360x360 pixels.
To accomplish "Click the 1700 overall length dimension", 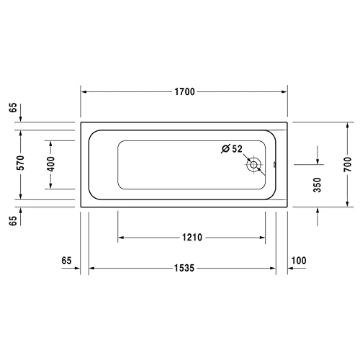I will (184, 92).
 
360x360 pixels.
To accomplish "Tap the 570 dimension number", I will (21, 163).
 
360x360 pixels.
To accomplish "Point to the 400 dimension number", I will (50, 163).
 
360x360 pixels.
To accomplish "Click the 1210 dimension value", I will (192, 237).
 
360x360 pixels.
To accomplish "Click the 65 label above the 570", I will (13, 108).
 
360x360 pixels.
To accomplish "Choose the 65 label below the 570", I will (13, 220).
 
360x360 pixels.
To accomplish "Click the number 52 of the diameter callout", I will (238, 148).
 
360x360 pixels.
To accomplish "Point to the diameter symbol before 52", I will (225, 148).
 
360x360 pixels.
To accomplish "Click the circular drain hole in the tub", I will (254, 165).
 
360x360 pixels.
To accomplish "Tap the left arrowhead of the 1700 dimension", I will (84, 92).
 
